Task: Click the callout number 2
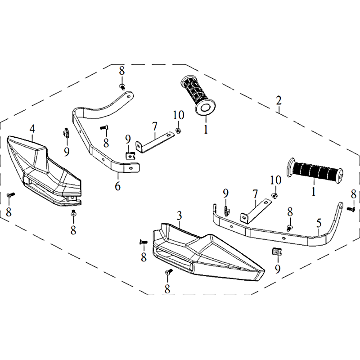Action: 279,100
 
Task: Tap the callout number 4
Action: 32,129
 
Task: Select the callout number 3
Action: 179,216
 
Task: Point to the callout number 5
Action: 319,223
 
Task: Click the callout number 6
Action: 118,186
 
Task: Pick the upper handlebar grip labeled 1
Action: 198,95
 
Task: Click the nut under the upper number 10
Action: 177,131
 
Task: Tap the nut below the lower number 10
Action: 274,196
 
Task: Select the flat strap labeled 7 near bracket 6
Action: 155,142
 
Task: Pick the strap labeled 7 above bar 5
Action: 255,211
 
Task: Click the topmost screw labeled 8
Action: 122,87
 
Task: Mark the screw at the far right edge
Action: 351,209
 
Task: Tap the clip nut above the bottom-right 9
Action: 277,252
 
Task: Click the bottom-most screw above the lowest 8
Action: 169,272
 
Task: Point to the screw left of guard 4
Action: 10,195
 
